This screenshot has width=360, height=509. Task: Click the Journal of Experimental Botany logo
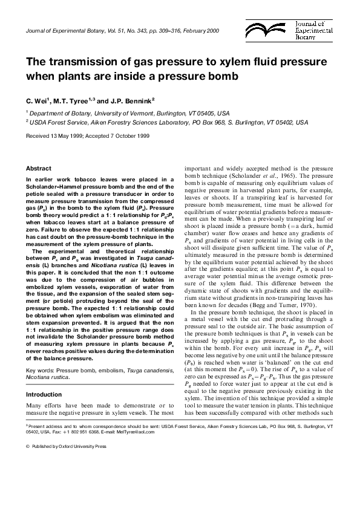pos(314,29)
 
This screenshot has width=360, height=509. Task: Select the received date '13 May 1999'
pos(67,136)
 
